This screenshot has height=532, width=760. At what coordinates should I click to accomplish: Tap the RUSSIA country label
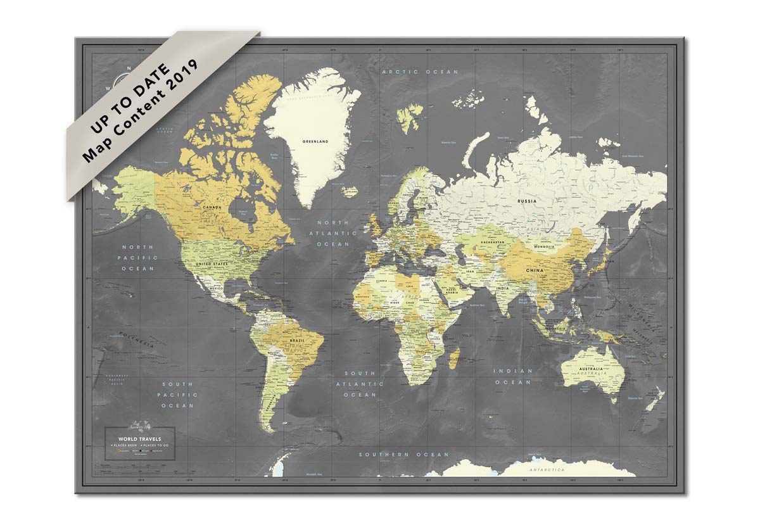pos(527,201)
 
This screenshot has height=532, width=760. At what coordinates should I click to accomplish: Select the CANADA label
pos(211,207)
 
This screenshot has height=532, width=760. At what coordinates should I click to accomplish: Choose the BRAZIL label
pos(296,341)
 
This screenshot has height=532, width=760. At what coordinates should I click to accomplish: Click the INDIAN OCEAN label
pos(512,376)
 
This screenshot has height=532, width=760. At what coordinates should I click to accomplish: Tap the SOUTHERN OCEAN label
pos(403,454)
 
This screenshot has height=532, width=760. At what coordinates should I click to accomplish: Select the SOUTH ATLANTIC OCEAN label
pos(360,384)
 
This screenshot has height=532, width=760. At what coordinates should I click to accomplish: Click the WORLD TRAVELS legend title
pos(139,438)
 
